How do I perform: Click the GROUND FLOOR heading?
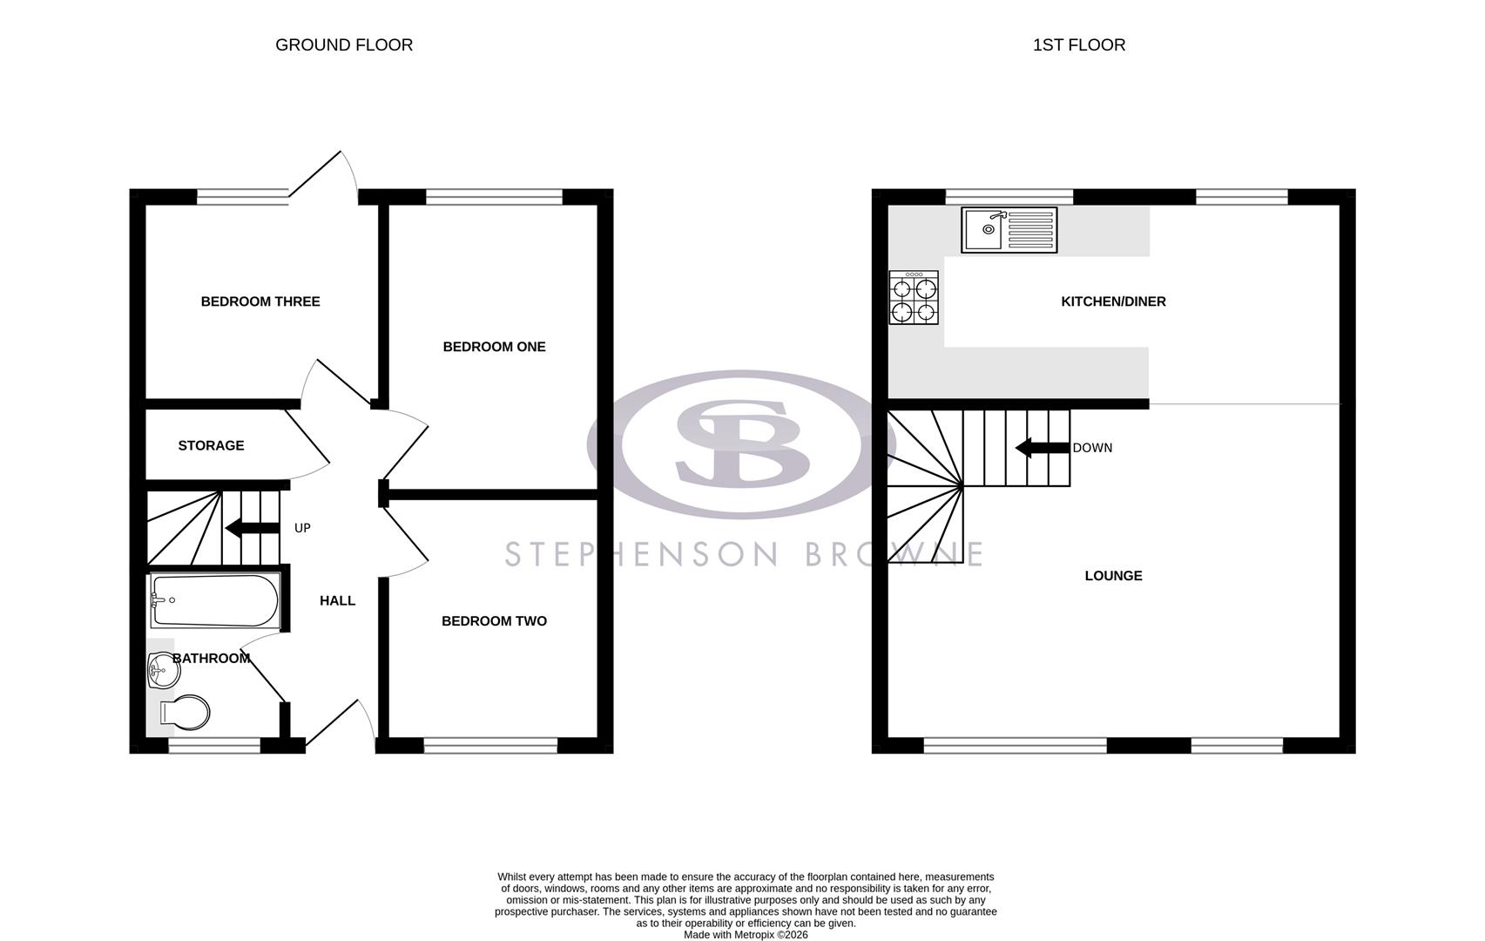[344, 45]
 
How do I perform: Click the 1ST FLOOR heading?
[1078, 45]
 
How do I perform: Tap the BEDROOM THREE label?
[260, 301]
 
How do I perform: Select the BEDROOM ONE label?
[494, 347]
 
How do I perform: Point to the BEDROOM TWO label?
[494, 621]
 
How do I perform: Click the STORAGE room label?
[211, 445]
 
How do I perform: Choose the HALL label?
[337, 600]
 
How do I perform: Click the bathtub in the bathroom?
[214, 600]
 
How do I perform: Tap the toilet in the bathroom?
[185, 714]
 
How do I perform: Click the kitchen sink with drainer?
[1009, 230]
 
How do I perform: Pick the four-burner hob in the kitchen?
[914, 299]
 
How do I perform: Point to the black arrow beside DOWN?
[1042, 448]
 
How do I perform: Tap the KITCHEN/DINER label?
[1113, 301]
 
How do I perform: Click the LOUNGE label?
[1113, 576]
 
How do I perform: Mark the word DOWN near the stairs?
[1092, 448]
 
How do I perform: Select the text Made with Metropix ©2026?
[746, 935]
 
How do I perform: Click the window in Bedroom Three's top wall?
[242, 198]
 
